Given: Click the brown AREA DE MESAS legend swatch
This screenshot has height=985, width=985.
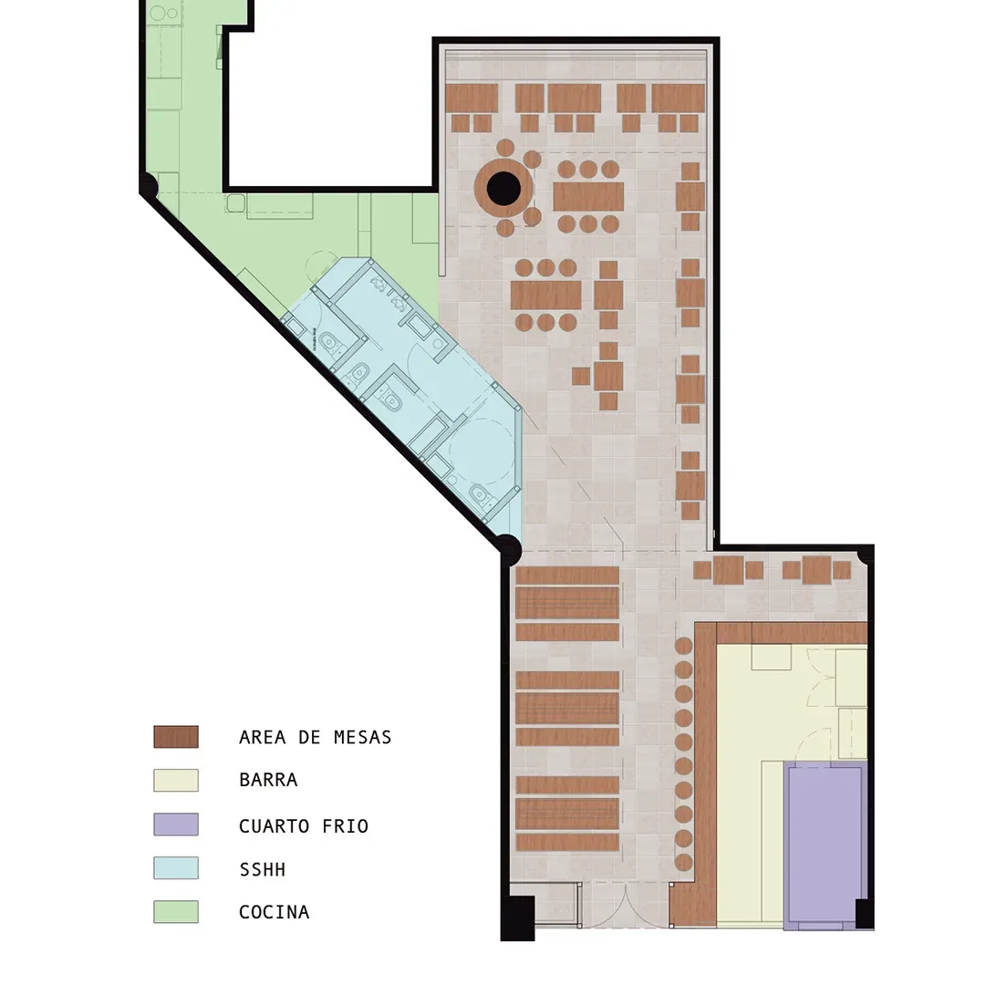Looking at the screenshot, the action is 176,736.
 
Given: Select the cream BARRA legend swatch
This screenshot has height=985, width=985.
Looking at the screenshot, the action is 176,780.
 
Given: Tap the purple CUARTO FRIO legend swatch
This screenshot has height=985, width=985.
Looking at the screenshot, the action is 176,824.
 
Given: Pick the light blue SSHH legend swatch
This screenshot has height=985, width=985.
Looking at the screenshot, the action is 176,867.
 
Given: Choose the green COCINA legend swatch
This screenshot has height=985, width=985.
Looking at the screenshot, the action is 176,911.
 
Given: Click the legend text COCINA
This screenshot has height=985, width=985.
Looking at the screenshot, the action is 275,912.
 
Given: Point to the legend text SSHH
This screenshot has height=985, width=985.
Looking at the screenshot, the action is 263,869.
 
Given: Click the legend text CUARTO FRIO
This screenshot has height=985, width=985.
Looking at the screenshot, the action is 304,826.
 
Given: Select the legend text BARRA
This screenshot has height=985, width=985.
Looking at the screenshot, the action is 268,780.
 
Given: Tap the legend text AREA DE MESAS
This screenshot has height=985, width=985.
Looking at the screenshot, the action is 316,737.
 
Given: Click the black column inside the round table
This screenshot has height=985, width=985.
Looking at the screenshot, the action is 503,189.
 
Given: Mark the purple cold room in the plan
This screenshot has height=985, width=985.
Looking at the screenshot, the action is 824,844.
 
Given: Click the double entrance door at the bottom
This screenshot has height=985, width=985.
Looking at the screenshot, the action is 627,906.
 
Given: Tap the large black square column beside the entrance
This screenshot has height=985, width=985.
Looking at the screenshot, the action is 518,918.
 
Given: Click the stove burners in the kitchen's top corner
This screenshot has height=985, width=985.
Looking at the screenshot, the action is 164,13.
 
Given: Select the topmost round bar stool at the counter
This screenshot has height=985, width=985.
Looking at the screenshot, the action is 683,646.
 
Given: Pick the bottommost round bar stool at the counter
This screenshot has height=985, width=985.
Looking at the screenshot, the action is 683,862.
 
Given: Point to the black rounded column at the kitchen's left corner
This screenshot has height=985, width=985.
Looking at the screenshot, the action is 149,186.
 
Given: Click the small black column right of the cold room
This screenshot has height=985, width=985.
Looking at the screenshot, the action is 865,913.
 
